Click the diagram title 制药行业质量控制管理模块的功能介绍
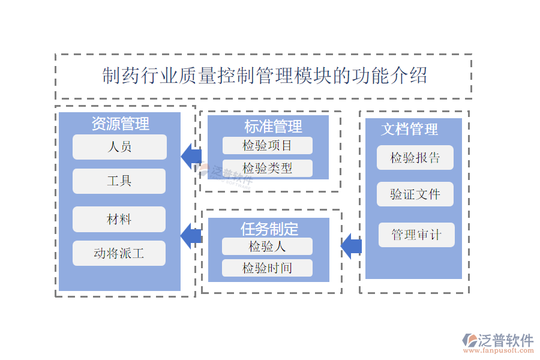(x=264, y=76)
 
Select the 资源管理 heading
(x=120, y=124)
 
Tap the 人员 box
(x=119, y=147)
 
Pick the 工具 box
(x=119, y=181)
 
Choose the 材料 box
(x=119, y=220)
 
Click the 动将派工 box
(x=119, y=253)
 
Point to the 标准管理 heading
(x=273, y=127)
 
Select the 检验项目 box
(x=268, y=146)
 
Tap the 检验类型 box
(x=268, y=169)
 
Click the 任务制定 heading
(x=269, y=229)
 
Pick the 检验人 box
(x=267, y=247)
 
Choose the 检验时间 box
(x=267, y=268)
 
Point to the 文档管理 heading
(x=410, y=129)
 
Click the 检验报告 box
(x=415, y=158)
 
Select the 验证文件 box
(x=415, y=194)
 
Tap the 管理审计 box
(x=416, y=235)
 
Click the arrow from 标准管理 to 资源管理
(x=191, y=157)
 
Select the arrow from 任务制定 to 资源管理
(x=191, y=235)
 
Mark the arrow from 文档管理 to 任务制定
(x=351, y=246)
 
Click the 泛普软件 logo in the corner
(x=498, y=343)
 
